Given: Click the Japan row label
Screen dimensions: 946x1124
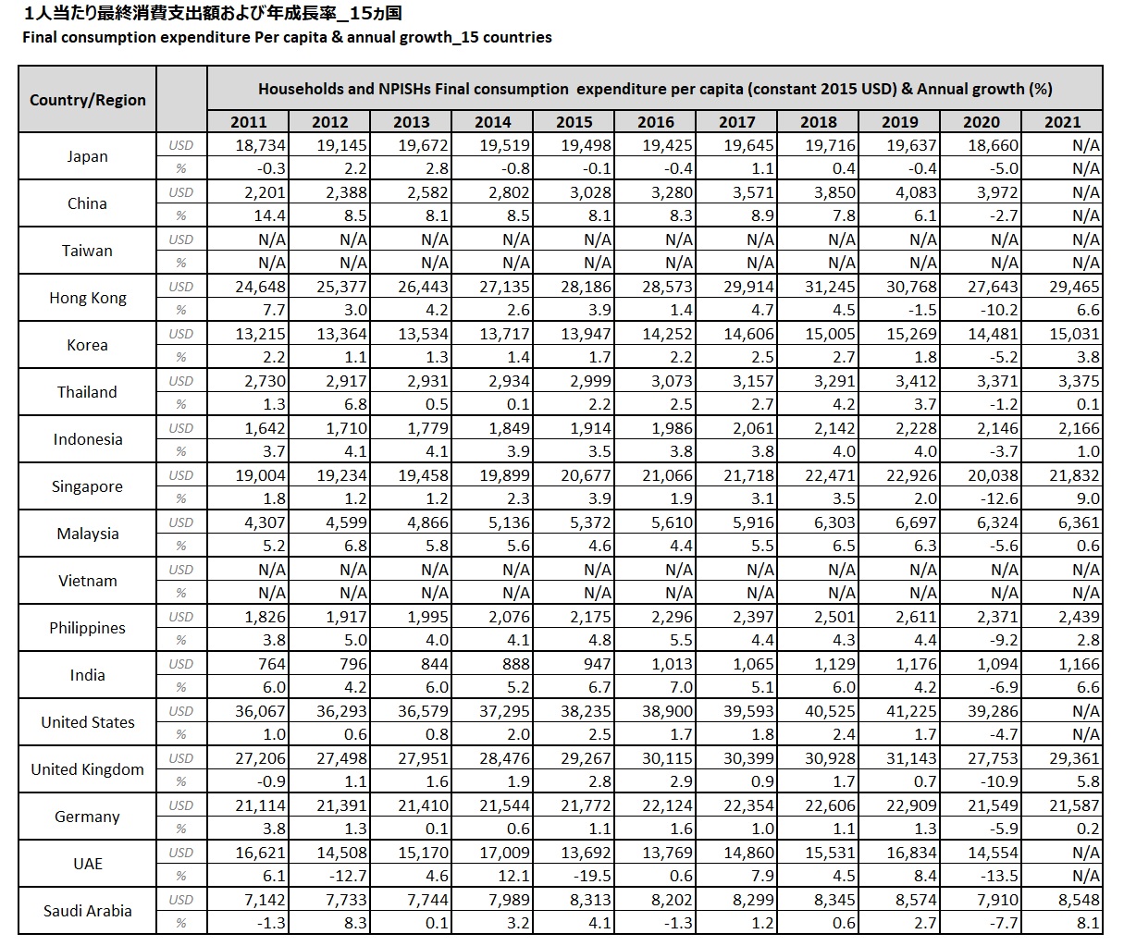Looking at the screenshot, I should pos(87,156).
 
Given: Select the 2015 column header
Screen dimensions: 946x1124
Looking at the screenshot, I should pos(574,121).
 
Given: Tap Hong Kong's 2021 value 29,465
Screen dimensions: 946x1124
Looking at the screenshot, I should pos(1074,287).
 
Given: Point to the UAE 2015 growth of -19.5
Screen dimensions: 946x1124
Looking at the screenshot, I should pos(590,876).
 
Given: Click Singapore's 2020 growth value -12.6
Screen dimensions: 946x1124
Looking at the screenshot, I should pos(996,498).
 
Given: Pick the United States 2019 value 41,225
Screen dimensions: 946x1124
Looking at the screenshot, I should pos(911,711).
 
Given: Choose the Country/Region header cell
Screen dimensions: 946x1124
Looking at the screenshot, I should pos(88,100).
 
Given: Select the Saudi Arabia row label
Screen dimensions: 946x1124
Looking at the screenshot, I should pos(87,911).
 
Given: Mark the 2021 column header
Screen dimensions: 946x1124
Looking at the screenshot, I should pos(1062,121).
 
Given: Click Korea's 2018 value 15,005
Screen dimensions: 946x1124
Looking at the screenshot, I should pos(830,334).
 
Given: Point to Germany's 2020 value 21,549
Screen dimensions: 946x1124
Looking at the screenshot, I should pos(993,805).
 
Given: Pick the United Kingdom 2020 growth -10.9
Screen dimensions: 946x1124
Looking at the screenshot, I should pos(996,781).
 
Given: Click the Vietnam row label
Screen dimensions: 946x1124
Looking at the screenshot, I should pos(87,581).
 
